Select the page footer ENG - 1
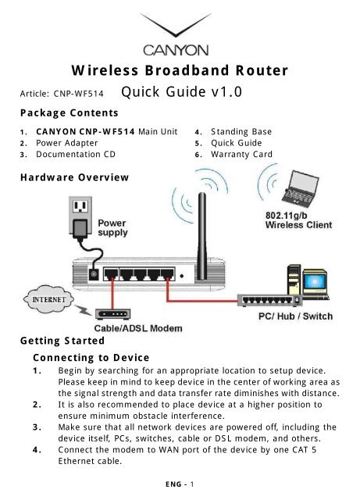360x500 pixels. (180, 484)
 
